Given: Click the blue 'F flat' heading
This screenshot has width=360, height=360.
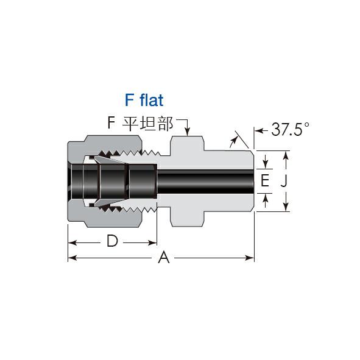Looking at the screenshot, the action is click(144, 100).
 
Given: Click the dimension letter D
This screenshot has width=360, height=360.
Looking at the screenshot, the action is click(112, 241).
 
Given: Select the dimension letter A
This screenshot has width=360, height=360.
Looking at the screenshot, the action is click(164, 257).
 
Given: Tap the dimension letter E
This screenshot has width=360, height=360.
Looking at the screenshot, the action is click(265, 180).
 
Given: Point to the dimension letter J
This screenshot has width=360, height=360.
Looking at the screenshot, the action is click(284, 182).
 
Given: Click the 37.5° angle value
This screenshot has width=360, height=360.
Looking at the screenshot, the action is click(290, 129).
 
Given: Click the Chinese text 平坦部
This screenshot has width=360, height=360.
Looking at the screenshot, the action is click(147, 124).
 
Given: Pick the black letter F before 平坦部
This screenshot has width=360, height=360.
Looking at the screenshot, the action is click(111, 123).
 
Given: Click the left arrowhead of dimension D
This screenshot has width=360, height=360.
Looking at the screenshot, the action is click(72, 242).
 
